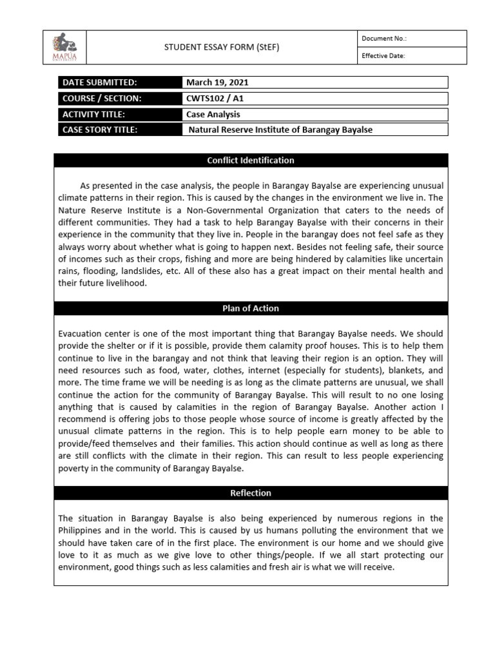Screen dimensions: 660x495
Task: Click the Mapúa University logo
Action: [64, 47]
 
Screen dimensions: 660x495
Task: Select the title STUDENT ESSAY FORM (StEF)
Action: [222, 47]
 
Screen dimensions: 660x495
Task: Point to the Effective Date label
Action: [383, 56]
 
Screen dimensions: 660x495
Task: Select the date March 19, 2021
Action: [218, 82]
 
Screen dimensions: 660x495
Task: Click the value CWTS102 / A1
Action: [215, 99]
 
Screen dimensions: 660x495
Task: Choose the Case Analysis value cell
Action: [213, 114]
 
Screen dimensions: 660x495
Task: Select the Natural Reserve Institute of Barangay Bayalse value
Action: [280, 130]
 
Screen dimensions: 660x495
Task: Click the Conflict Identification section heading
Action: [251, 160]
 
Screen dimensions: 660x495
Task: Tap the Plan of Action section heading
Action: [251, 309]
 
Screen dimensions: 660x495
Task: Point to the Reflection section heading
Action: [251, 493]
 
